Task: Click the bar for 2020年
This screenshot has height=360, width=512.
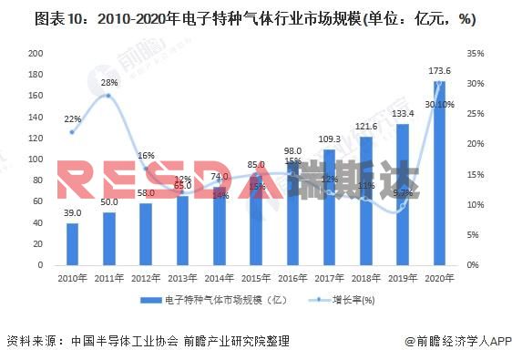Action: point(439,173)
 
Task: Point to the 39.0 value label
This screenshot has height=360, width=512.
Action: point(72,211)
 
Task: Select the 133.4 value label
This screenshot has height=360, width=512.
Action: point(403,114)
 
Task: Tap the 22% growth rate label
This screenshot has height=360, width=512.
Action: point(72,118)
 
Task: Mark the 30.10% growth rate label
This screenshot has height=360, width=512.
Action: point(439,103)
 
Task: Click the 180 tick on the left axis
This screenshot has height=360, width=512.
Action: point(36,71)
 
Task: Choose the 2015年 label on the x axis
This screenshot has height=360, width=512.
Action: point(255,278)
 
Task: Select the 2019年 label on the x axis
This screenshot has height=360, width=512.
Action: point(403,278)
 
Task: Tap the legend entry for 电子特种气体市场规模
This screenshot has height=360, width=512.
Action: point(210,300)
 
